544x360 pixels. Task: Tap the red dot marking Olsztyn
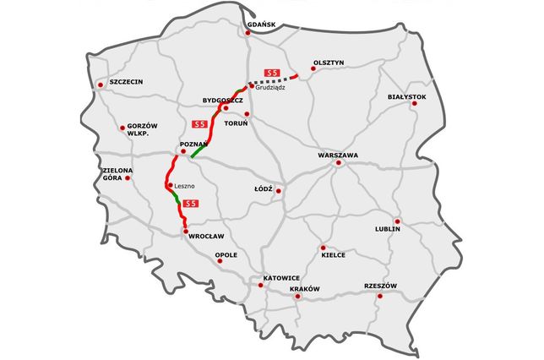pyautogui.click(x=312, y=71)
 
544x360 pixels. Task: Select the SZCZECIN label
pyautogui.click(x=126, y=82)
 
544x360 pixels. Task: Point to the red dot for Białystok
pyautogui.click(x=415, y=104)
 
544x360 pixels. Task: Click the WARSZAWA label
pyautogui.click(x=338, y=155)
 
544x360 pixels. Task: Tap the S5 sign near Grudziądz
pyautogui.click(x=272, y=71)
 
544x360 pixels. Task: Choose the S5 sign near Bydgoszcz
pyautogui.click(x=199, y=124)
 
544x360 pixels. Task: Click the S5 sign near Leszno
pyautogui.click(x=191, y=203)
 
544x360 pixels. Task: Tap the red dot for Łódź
pyautogui.click(x=279, y=190)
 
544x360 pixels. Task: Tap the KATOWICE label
pyautogui.click(x=281, y=277)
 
